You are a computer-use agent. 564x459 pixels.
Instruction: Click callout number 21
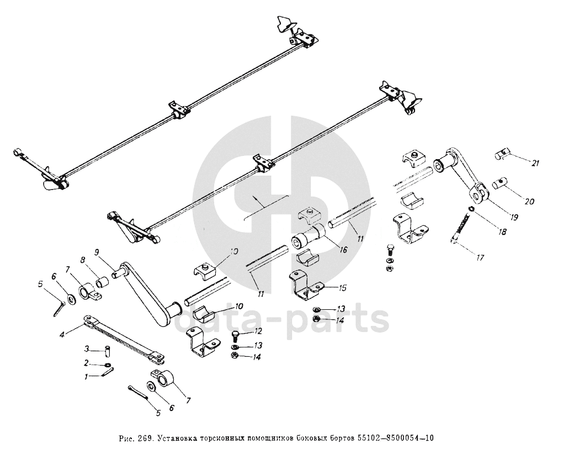point(535,163)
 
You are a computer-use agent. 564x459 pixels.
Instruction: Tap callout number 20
point(529,202)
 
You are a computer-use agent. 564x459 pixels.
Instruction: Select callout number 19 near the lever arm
point(514,217)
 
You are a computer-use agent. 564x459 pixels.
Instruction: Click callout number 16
point(343,250)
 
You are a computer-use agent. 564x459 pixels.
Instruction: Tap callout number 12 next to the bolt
point(257,332)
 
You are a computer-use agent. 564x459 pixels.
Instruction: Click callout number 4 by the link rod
point(62,334)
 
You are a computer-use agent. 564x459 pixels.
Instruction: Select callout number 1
point(86,377)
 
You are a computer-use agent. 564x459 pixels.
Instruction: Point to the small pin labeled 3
point(108,351)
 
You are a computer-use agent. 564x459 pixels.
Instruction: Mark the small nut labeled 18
point(470,209)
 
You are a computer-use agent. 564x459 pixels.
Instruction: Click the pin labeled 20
point(503,182)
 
